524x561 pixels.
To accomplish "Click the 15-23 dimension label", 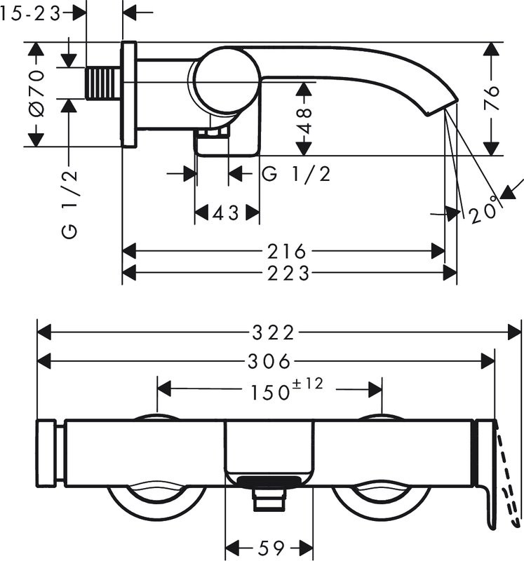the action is [30, 13].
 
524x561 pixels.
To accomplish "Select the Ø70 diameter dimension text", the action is [37, 93].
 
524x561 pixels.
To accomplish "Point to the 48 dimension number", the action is [304, 121].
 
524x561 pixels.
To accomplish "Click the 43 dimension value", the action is [225, 214].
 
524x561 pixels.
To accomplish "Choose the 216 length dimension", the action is [287, 251].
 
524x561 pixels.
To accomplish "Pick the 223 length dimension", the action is [288, 273].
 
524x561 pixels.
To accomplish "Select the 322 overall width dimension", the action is [273, 332].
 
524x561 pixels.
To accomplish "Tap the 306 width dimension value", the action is [269, 361].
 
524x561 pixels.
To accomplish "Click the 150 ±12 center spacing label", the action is [287, 389].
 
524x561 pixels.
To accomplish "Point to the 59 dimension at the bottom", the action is [270, 548].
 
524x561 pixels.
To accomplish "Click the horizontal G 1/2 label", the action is [295, 174].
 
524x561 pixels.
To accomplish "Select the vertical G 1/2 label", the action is [69, 204].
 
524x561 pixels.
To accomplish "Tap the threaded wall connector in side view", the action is [103, 83].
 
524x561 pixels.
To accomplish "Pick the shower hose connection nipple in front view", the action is [269, 499].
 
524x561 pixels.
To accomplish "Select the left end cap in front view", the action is [46, 452].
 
